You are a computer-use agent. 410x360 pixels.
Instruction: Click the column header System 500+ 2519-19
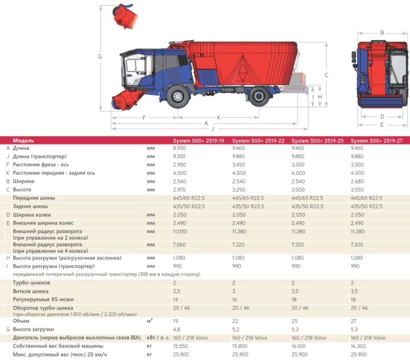tap(198, 141)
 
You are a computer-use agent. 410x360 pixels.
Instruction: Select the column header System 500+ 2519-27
tap(377, 141)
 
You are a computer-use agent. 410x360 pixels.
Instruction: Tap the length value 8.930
tap(179, 148)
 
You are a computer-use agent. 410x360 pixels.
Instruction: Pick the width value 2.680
tap(357, 181)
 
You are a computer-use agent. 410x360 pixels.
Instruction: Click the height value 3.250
tap(239, 190)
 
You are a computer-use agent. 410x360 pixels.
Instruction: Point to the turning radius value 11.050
tap(180, 231)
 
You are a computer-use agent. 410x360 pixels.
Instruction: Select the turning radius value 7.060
tap(179, 245)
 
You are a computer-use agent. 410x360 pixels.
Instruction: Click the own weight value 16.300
tap(358, 346)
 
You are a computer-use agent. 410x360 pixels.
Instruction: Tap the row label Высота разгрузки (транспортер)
tap(54, 266)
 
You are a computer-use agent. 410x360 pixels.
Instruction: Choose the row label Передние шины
tap(34, 198)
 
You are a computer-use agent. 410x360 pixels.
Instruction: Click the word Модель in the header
tap(23, 141)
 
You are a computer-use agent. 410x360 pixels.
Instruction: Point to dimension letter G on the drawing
tap(100, 57)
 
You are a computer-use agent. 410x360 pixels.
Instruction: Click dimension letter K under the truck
tap(218, 118)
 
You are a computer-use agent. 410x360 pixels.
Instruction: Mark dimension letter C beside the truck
tap(326, 75)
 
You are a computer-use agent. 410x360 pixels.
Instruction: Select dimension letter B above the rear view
tap(382, 33)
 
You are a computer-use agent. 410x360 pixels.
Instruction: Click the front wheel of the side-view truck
tap(178, 96)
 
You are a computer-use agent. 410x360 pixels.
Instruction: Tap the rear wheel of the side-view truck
tap(259, 96)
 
